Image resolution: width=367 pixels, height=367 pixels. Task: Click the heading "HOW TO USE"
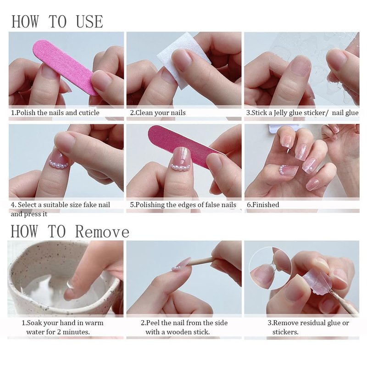[57, 22]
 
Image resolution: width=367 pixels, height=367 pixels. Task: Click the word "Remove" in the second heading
[102, 232]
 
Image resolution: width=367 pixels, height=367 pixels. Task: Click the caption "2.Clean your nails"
[158, 113]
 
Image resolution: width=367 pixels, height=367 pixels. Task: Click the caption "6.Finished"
[263, 205]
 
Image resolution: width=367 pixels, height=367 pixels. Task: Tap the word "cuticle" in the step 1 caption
[89, 113]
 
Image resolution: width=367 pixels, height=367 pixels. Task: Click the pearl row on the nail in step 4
[59, 164]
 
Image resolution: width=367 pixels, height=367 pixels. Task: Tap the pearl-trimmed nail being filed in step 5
[181, 159]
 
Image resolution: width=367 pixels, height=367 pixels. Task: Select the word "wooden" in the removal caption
[178, 332]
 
